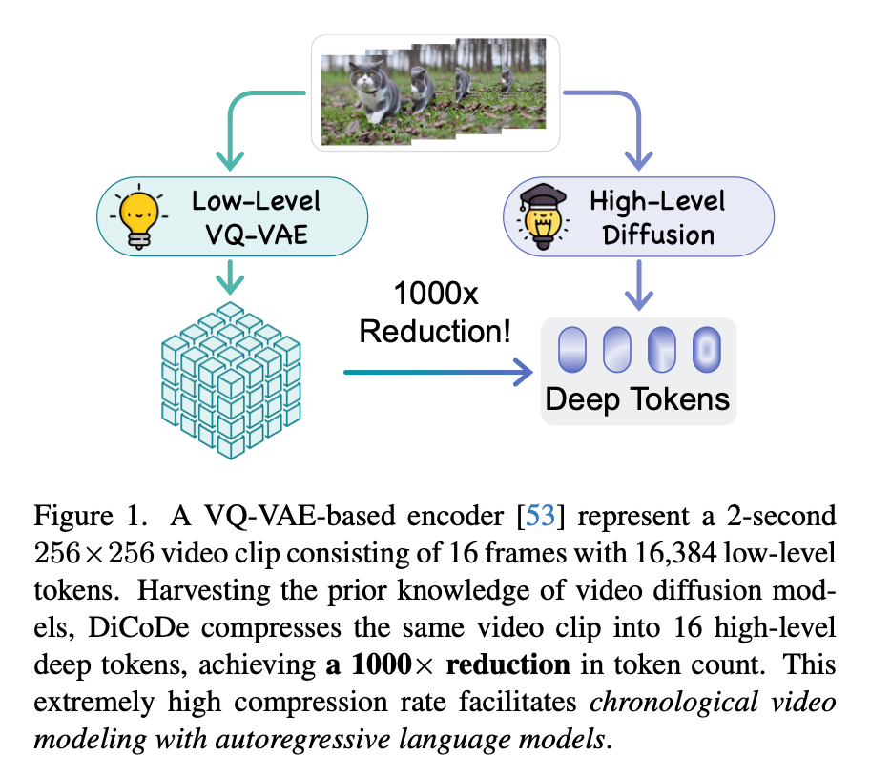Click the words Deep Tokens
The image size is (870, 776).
tap(637, 398)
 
